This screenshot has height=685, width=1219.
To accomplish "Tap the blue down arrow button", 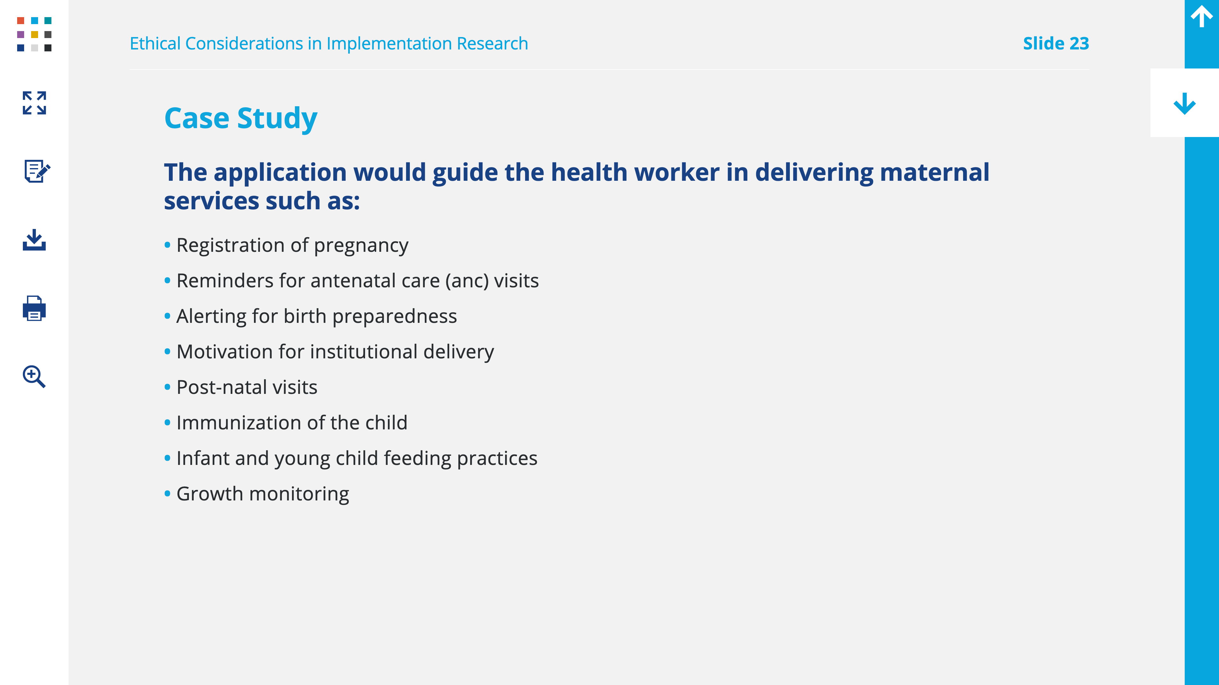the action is click(1184, 103).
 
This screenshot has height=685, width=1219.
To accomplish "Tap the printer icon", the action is click(34, 308).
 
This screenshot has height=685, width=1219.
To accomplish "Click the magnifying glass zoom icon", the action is click(34, 376).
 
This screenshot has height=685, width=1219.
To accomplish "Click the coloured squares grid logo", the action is click(34, 34).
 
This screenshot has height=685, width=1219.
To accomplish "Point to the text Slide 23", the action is click(1056, 43).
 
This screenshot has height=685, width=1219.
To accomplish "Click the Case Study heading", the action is click(240, 118).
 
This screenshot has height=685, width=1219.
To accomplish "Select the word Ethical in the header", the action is click(155, 43).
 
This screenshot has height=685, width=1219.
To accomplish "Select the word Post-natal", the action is click(221, 387).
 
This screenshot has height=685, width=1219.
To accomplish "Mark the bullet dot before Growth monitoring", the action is click(167, 493).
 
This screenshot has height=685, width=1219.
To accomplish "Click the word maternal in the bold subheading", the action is click(934, 172).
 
